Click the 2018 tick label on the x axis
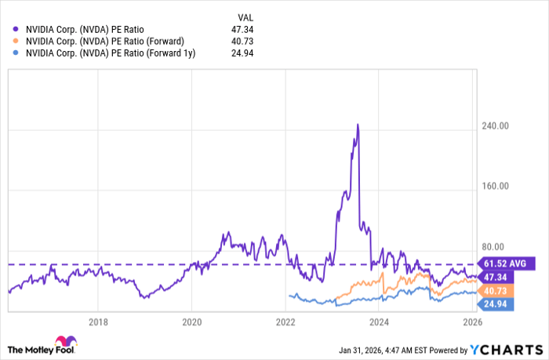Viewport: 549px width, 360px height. [98, 321]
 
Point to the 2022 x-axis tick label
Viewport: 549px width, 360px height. [285, 321]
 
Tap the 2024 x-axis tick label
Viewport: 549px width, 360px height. [380, 321]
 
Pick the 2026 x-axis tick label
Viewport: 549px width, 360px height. [472, 321]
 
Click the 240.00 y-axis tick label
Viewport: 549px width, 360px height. [496, 126]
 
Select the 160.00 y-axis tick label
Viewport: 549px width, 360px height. [496, 187]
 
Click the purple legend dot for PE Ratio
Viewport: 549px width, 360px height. [16, 30]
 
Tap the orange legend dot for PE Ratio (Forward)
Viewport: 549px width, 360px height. [16, 42]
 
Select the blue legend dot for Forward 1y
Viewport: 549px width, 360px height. [16, 53]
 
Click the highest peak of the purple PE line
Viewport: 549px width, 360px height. [358, 124]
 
